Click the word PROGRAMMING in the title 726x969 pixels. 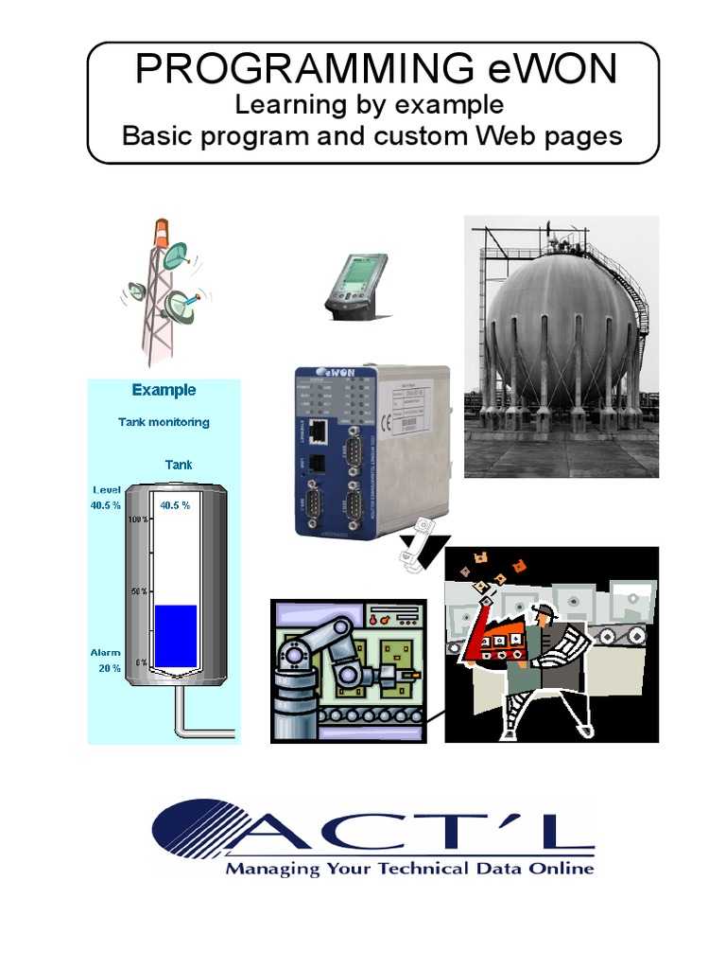290,70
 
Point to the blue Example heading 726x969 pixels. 164,390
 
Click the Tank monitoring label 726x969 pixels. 164,422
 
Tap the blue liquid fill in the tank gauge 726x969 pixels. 176,634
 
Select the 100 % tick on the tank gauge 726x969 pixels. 138,520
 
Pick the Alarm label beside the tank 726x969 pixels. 105,653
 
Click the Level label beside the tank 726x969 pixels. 106,489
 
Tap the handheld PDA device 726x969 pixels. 356,283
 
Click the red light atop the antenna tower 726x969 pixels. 164,230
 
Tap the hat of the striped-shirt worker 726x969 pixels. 544,610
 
